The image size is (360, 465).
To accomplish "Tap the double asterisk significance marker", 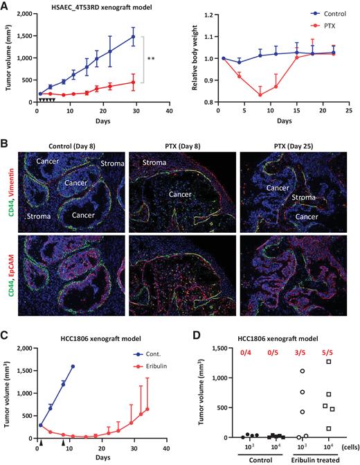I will coord(150,60).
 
